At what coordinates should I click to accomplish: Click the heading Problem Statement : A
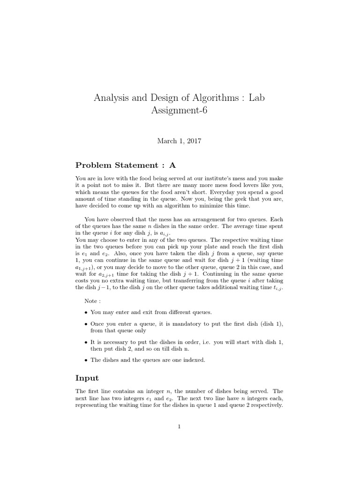click(125, 165)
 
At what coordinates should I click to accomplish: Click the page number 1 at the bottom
click(180, 427)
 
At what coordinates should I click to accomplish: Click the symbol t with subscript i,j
click(278, 288)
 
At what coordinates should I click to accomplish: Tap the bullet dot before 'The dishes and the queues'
click(86, 360)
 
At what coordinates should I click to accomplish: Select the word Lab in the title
click(260, 98)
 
